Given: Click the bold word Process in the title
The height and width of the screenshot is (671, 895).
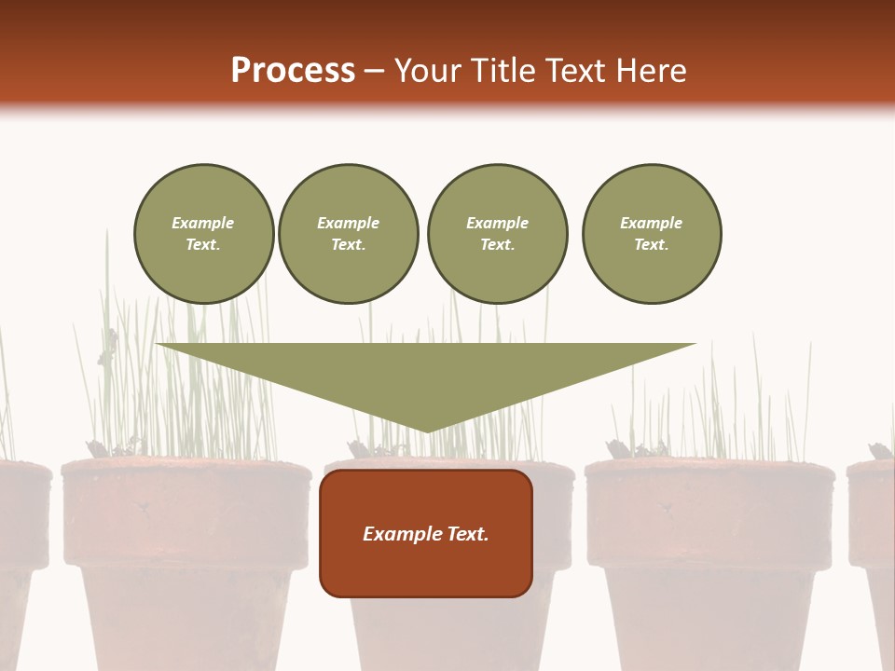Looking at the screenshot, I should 293,71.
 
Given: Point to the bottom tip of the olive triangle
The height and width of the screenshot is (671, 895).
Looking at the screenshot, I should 427,431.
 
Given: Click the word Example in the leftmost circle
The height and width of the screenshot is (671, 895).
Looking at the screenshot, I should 203,223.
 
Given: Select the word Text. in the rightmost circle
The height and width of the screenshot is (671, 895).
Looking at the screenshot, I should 652,244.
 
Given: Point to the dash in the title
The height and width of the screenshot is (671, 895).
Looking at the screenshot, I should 374,71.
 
